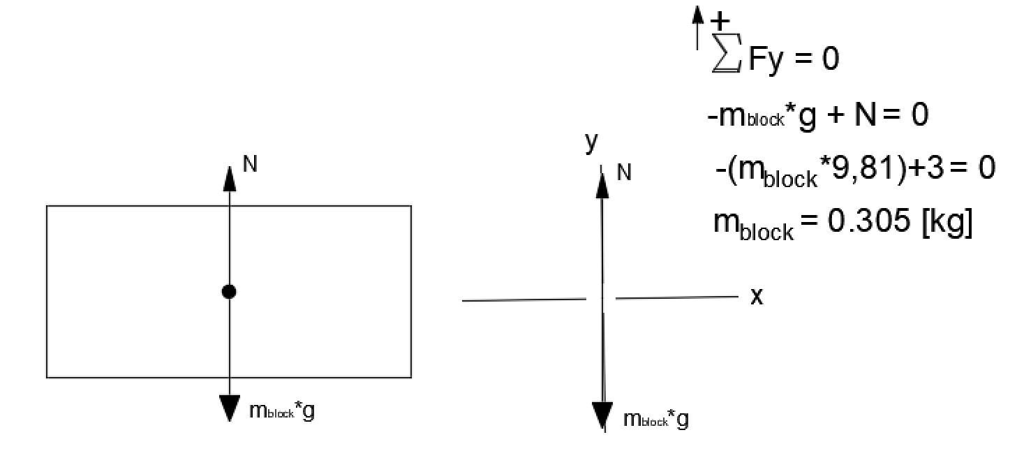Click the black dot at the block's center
228,292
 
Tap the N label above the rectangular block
249,164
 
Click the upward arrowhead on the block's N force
229,179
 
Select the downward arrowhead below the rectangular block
229,408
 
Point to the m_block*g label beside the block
281,411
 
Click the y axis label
592,142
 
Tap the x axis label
757,297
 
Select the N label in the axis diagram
624,172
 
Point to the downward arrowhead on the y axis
602,416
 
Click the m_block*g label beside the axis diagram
655,420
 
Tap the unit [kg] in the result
947,222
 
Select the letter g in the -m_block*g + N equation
806,115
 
